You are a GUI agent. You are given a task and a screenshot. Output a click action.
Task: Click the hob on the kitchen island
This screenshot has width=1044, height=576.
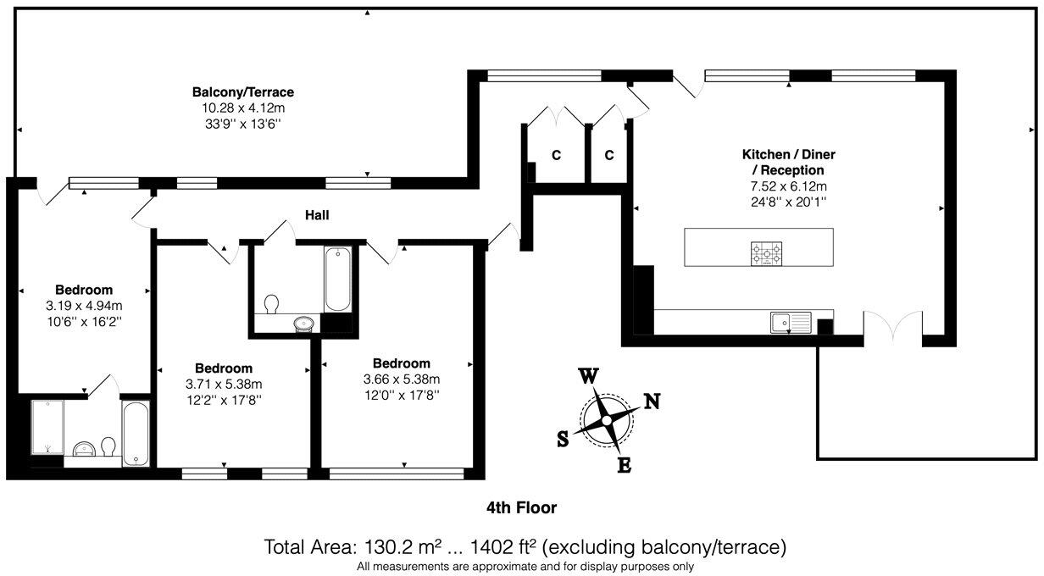766,253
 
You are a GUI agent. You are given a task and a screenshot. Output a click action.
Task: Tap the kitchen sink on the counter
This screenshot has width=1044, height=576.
791,323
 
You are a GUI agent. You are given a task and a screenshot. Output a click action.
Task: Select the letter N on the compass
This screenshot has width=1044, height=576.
652,402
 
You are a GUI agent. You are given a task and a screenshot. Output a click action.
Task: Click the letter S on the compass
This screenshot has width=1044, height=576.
563,439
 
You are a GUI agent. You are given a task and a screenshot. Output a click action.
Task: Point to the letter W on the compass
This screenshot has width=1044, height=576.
589,376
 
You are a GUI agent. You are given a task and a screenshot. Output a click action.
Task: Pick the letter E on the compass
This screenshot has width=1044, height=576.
625,465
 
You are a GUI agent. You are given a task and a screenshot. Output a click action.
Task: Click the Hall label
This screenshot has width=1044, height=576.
317,215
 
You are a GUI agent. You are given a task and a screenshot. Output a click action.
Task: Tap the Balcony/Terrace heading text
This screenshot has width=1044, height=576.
243,92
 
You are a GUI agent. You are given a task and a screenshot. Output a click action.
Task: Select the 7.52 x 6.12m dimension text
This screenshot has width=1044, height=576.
789,186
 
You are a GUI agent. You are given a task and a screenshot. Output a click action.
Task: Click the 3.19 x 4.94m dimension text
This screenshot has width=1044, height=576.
84,306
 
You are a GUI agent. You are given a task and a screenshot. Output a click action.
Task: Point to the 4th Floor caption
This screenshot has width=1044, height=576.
521,507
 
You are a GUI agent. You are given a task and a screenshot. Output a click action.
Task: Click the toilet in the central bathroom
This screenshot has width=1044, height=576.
271,304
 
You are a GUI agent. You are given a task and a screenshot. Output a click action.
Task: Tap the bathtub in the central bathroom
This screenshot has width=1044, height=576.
338,280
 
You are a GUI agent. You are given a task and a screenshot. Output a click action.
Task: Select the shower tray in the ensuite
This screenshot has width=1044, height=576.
47,427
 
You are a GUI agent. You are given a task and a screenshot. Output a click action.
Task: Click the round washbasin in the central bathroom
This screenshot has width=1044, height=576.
304,323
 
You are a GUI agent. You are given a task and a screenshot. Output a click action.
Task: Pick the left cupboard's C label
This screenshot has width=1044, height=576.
556,155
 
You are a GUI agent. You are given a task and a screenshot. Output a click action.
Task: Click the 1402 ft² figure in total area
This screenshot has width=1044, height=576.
503,547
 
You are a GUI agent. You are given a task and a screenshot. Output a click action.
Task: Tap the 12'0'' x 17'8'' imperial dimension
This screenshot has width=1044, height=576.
402,396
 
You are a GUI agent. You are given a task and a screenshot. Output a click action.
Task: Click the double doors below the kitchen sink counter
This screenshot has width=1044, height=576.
893,324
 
